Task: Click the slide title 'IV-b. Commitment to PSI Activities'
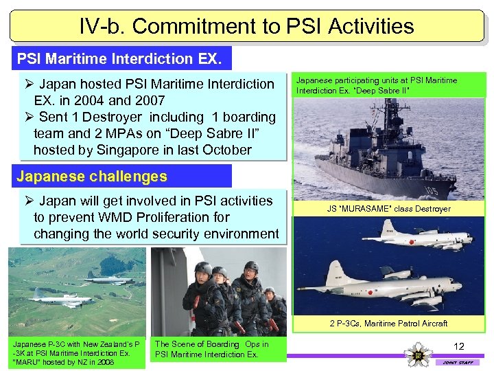pos(246,26)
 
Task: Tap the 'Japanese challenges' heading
pos(92,177)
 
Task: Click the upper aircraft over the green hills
pos(110,278)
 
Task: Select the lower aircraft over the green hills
pos(62,299)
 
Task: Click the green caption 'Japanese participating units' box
pos(389,85)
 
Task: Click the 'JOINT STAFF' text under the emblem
pos(457,362)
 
